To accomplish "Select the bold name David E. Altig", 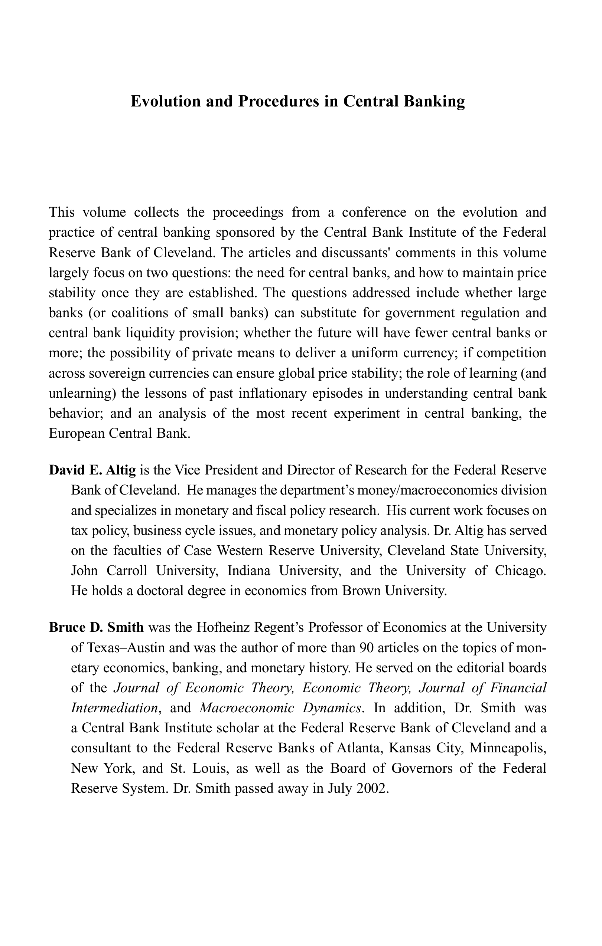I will (92, 471).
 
